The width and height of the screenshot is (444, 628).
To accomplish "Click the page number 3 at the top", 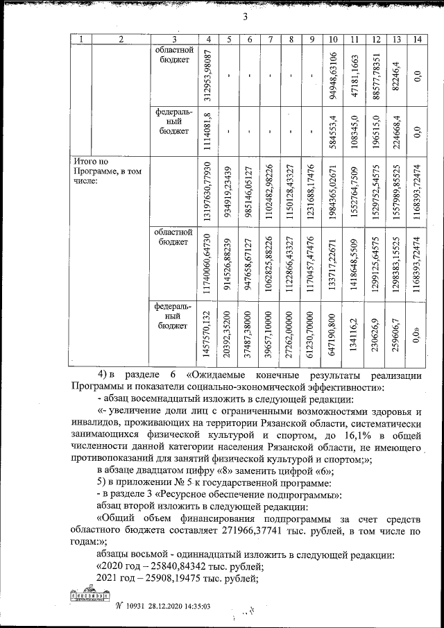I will click(x=245, y=18).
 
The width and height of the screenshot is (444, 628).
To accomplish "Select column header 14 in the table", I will click(x=416, y=40).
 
